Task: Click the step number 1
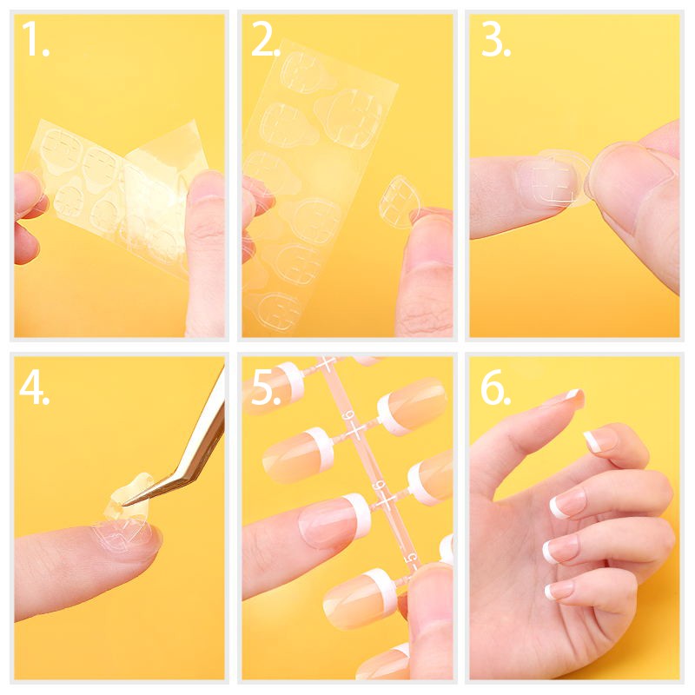pos(35,39)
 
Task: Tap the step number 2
pos(265,39)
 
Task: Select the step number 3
pos(495,39)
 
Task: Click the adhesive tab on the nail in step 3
pos(559,178)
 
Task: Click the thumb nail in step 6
pos(573,398)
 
